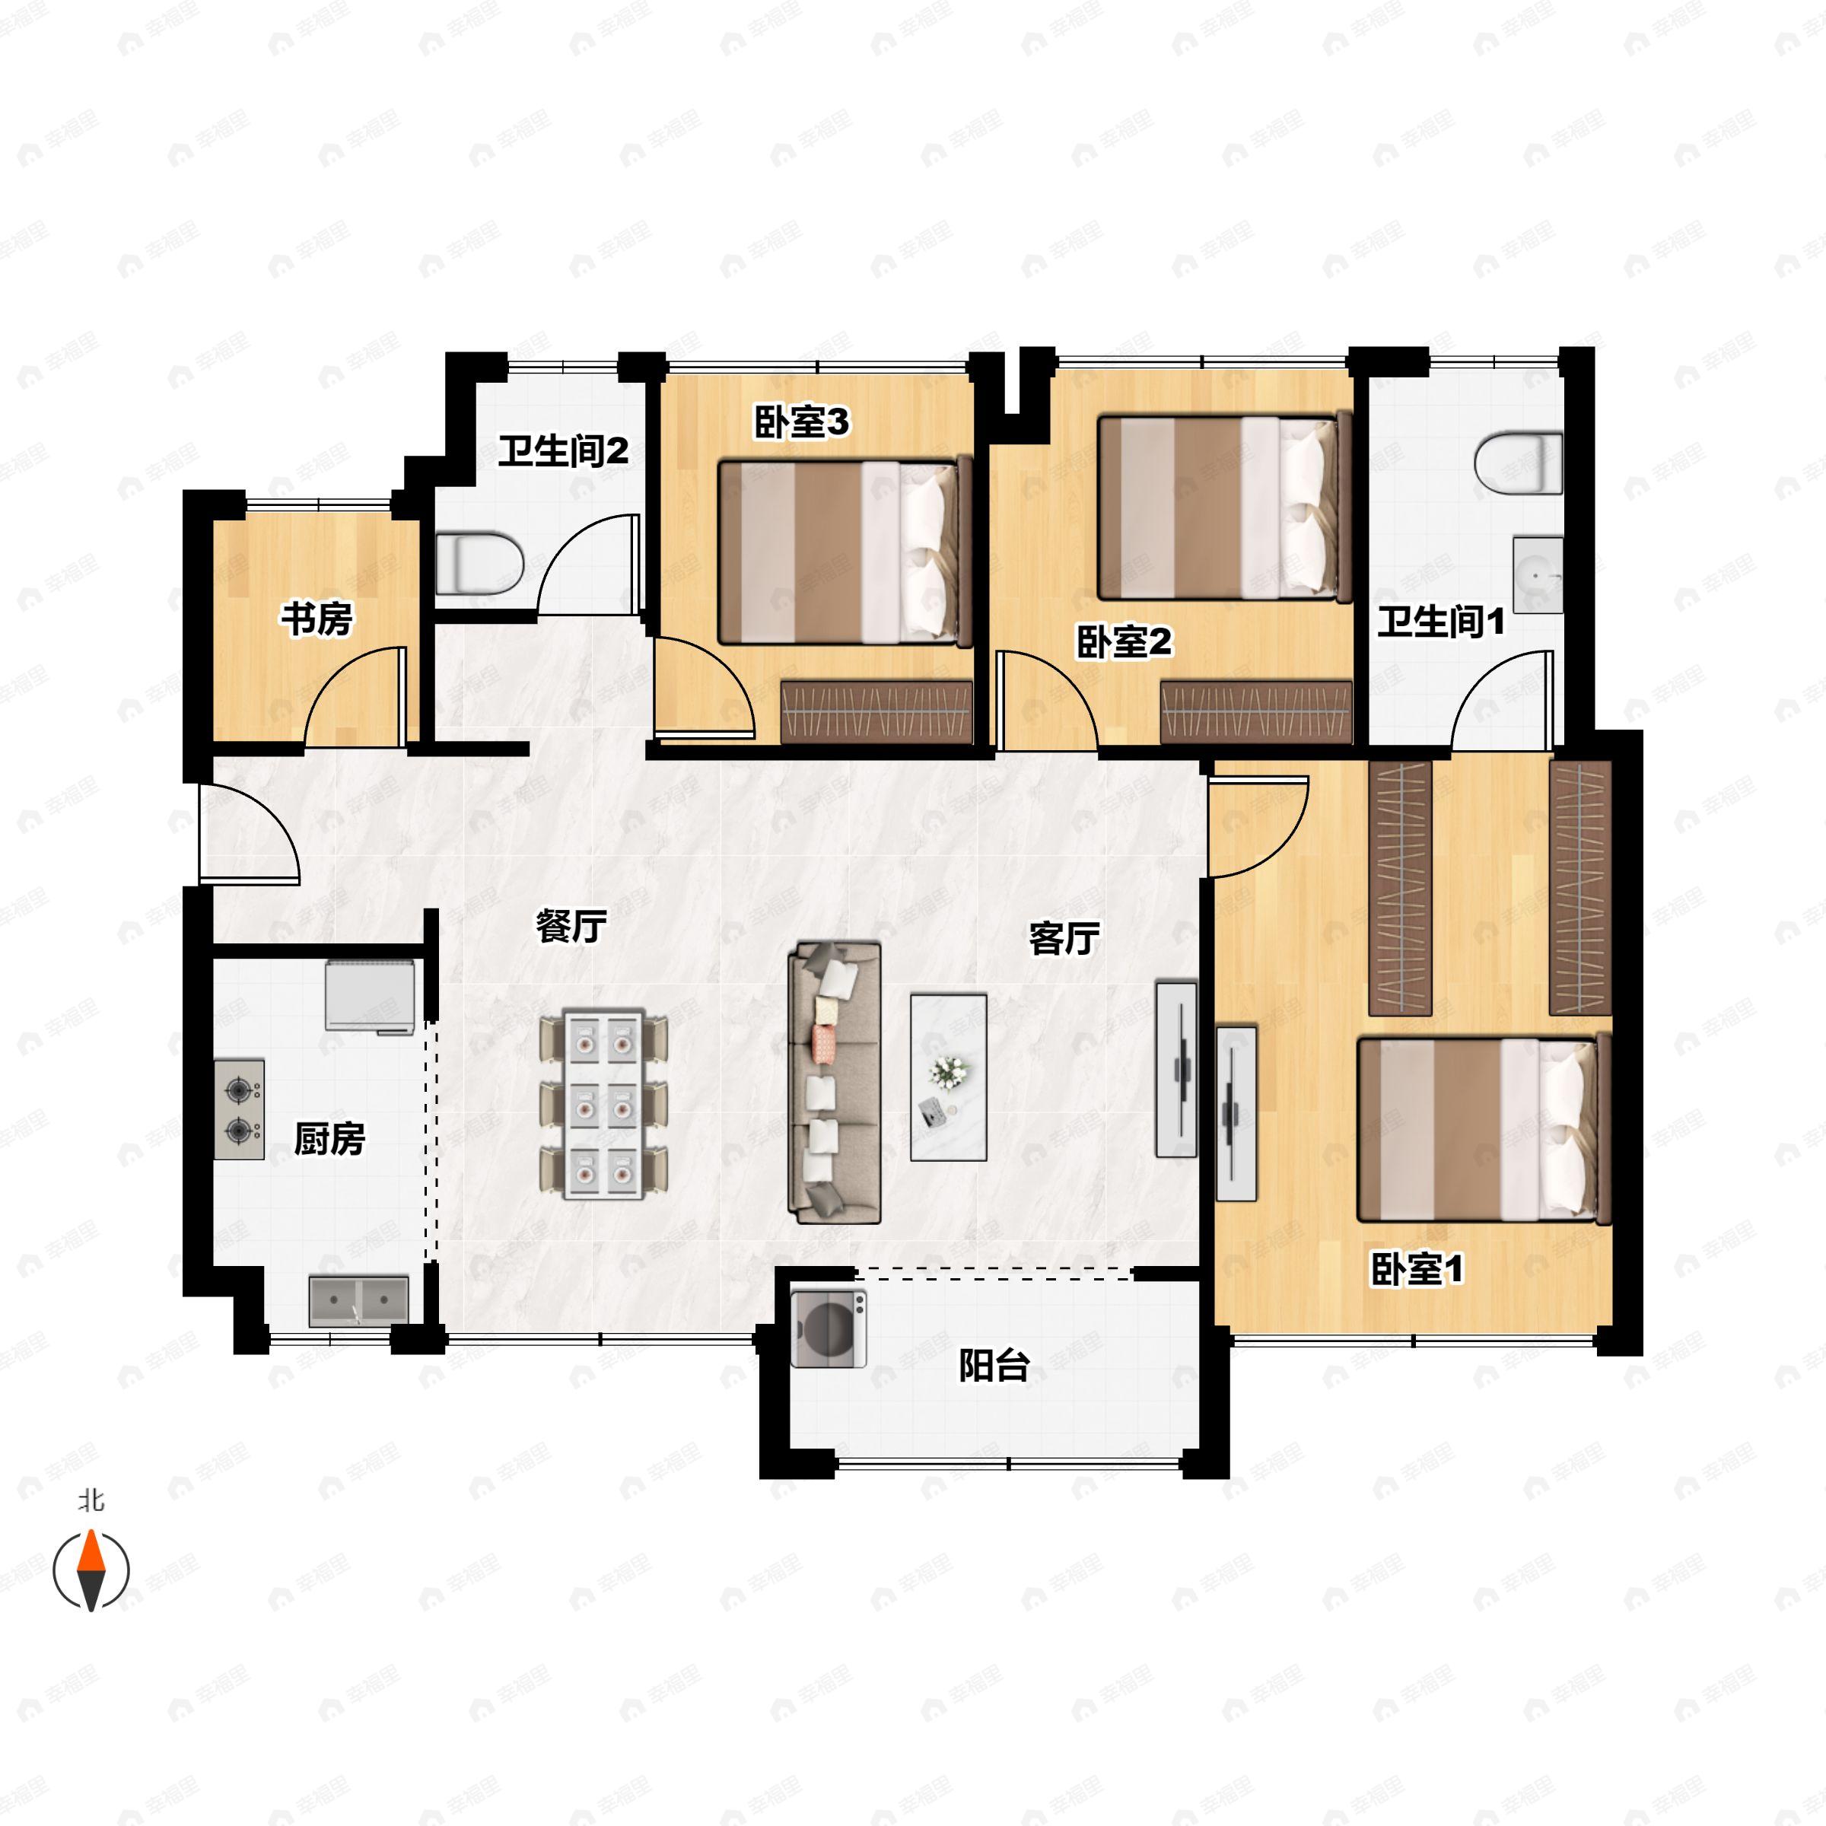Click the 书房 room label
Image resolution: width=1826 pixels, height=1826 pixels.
[x=316, y=619]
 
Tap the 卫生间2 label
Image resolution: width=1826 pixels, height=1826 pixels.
[x=563, y=451]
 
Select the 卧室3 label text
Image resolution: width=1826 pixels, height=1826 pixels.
[x=801, y=422]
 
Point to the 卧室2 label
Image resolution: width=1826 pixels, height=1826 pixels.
[x=1124, y=643]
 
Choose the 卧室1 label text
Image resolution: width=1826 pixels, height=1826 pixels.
[x=1417, y=1269]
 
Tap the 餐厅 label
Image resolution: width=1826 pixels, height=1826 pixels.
[x=571, y=926]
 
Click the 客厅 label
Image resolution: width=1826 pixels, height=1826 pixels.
[x=1064, y=939]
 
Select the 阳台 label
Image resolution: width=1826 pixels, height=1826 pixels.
[x=994, y=1366]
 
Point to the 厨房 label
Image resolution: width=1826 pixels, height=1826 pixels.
[x=329, y=1139]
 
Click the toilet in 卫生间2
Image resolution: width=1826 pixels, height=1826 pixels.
[x=480, y=565]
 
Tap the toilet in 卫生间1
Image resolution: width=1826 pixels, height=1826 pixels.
[x=1519, y=463]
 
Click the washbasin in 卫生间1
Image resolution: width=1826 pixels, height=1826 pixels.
[x=1538, y=574]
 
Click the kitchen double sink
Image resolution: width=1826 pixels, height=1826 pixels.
[x=359, y=1302]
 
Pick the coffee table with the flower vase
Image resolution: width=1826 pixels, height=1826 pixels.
[x=949, y=1077]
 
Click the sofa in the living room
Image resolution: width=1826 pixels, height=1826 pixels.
[x=835, y=1082]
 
